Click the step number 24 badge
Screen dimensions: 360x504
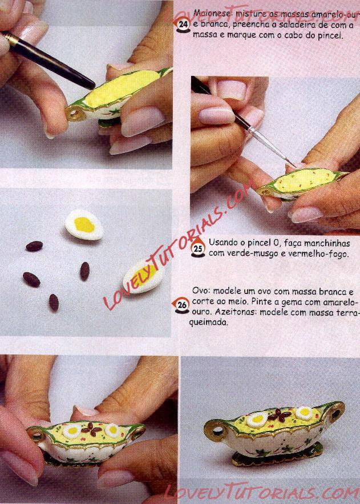tap(183, 25)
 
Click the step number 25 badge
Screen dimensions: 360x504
tap(198, 248)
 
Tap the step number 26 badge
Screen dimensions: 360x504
tap(182, 305)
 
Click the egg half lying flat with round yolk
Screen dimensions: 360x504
tap(84, 224)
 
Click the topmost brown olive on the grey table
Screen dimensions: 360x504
tap(34, 246)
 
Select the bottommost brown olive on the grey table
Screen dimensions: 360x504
tap(54, 303)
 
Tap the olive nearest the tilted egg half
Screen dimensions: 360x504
tap(84, 271)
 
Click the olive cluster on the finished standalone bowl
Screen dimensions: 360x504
tap(278, 414)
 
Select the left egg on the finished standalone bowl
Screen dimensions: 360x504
tap(257, 419)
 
